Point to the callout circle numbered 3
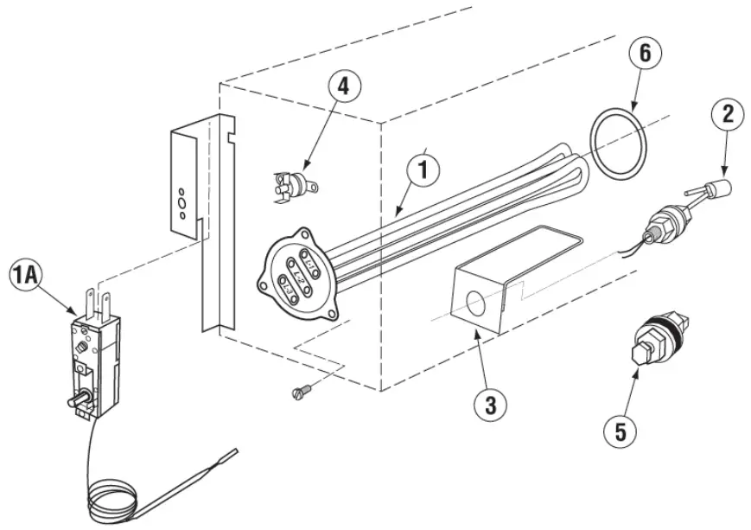pos(490,404)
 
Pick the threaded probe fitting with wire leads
pos(668,223)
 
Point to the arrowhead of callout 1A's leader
pos(77,314)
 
